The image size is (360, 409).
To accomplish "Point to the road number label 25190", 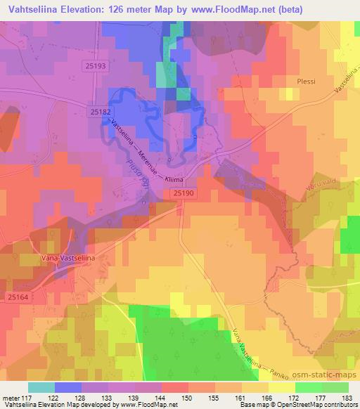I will pos(184,191).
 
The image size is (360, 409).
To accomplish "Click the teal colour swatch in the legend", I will pos(42,387).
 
